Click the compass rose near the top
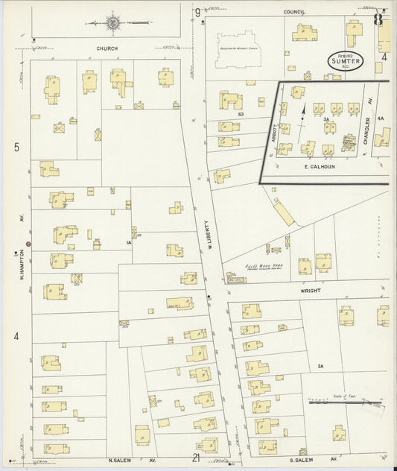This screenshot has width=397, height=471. (x=112, y=22)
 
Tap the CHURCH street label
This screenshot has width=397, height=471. (x=108, y=48)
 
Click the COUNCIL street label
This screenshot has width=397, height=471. (x=295, y=13)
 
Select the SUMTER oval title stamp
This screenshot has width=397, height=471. (x=345, y=63)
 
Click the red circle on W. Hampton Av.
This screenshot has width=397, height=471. (x=29, y=244)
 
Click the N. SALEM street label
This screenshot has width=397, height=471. (x=124, y=461)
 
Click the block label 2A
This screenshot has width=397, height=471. (x=321, y=365)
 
